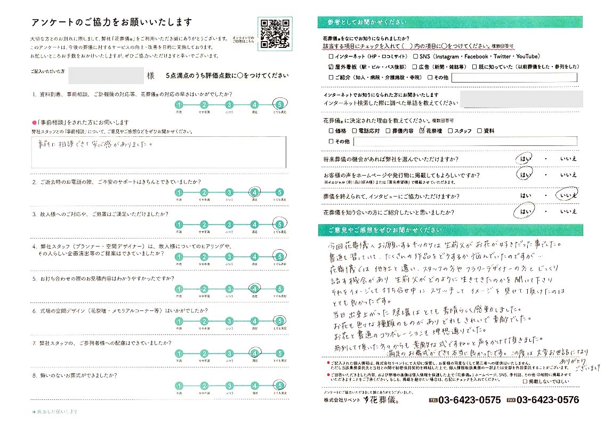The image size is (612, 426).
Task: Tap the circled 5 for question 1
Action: (279, 104)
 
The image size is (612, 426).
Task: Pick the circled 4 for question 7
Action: (254, 353)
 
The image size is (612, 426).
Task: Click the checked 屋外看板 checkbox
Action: (331, 67)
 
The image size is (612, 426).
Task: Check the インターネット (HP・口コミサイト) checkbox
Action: (331, 56)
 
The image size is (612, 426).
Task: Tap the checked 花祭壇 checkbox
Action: (422, 130)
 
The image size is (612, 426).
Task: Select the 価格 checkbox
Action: (331, 130)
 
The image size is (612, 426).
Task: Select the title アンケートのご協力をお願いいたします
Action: (112, 22)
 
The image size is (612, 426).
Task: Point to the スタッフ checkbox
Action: (450, 130)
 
